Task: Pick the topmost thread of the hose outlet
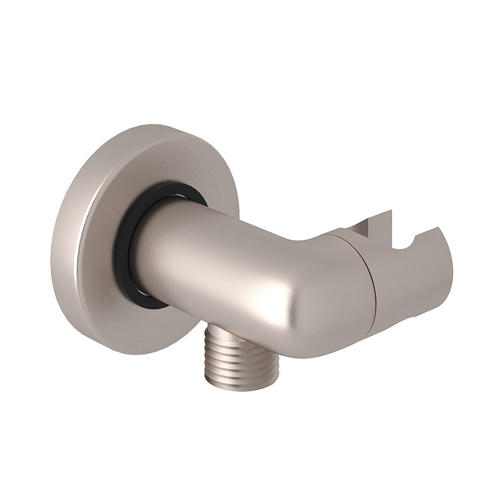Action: tap(222, 330)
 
